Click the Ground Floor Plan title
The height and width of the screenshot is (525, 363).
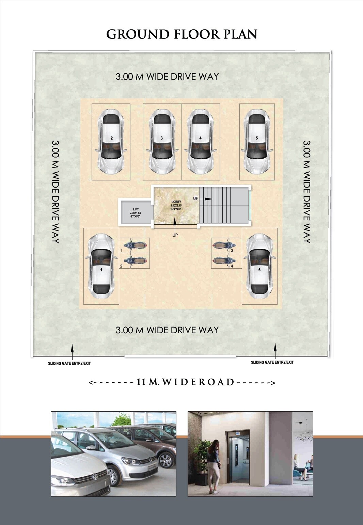click(x=181, y=34)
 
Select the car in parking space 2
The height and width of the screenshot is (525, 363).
click(x=111, y=142)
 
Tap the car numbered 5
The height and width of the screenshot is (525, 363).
click(x=257, y=142)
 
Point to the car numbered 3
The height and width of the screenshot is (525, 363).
click(x=162, y=142)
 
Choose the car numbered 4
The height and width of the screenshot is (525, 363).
click(x=201, y=142)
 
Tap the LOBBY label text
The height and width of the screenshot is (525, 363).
click(x=176, y=202)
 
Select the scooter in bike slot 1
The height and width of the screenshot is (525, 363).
click(x=136, y=245)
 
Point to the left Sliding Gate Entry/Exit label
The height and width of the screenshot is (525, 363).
click(x=69, y=363)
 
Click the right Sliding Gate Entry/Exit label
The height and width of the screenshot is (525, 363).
click(x=272, y=362)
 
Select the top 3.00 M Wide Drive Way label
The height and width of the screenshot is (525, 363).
click(x=167, y=77)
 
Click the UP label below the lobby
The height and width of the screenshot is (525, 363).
click(x=175, y=235)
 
